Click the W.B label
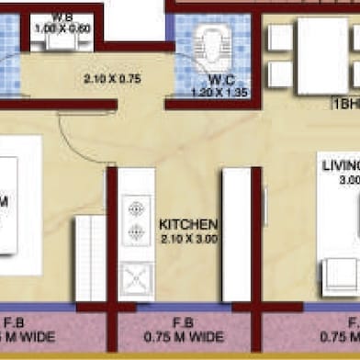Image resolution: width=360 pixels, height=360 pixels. (x=62, y=17)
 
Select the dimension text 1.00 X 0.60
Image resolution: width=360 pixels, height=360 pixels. (x=63, y=28)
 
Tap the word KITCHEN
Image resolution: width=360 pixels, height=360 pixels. (x=187, y=224)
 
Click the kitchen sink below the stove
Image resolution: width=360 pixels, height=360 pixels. (x=137, y=276)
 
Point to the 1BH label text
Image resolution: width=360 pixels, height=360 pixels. (x=344, y=105)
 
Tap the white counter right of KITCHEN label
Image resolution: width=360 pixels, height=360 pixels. (x=236, y=233)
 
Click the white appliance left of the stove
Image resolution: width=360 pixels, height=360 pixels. (x=89, y=257)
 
